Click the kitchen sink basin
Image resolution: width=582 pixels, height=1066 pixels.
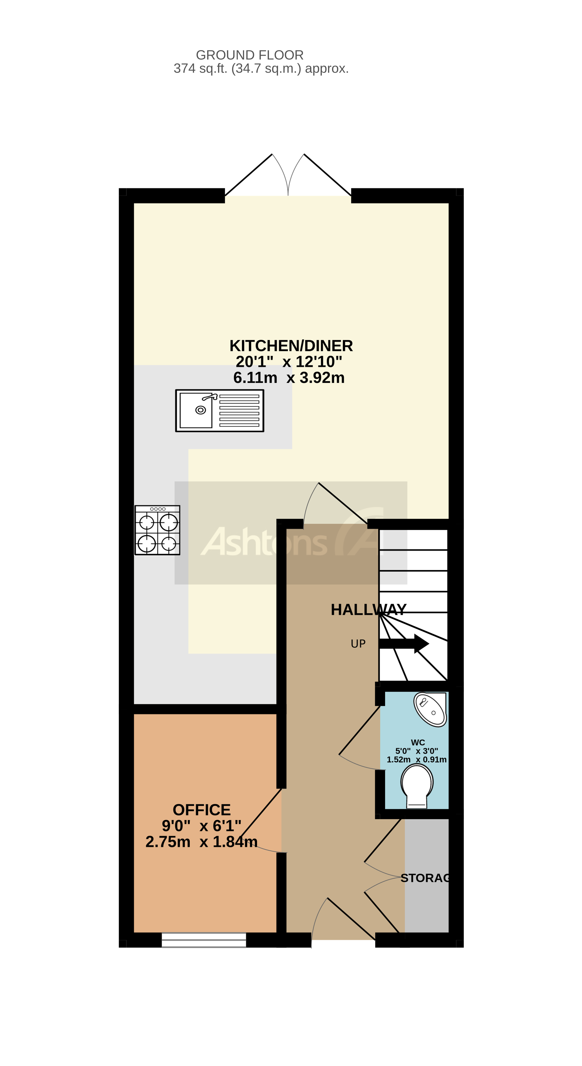pyautogui.click(x=196, y=410)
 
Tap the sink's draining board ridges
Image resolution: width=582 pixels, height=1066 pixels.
pyautogui.click(x=239, y=411)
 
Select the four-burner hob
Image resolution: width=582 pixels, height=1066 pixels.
pyautogui.click(x=157, y=530)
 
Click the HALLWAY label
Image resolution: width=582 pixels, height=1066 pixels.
pyautogui.click(x=368, y=610)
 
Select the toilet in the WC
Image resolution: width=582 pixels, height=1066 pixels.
pyautogui.click(x=417, y=785)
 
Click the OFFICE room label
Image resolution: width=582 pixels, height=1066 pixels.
pyautogui.click(x=202, y=810)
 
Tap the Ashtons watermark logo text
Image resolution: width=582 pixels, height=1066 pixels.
pyautogui.click(x=264, y=542)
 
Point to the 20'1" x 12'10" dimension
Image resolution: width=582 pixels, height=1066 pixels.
pyautogui.click(x=289, y=362)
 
